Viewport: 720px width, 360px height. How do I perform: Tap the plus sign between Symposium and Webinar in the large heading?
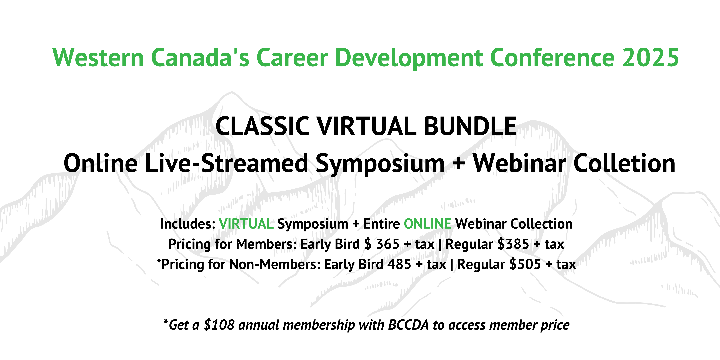(459, 164)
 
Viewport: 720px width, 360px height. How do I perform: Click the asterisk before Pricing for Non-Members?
(159, 261)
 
